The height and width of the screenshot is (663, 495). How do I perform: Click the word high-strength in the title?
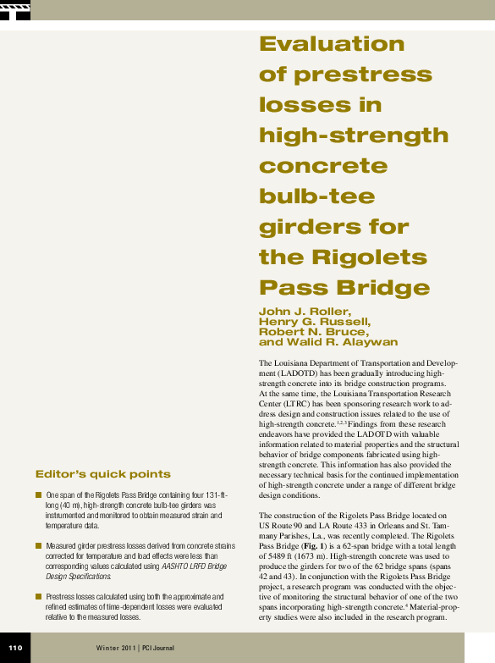coord(354,135)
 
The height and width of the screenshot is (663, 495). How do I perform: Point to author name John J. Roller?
coord(299,312)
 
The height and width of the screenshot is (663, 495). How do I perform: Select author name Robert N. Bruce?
coord(313,332)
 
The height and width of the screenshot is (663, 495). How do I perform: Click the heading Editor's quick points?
coord(102,473)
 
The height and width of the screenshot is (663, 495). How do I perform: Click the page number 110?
coord(15,649)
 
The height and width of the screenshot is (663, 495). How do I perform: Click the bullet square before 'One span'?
coord(39,494)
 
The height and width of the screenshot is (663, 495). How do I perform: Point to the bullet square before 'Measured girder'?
coord(39,546)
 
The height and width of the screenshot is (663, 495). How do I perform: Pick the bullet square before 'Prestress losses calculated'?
coord(39,597)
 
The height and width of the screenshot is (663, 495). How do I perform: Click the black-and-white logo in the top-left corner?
coord(15,10)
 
